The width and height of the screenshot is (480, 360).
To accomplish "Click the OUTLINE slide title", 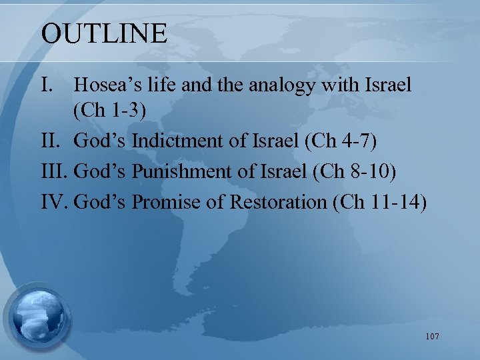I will click(104, 33).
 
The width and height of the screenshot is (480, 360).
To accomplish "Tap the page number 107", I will click(431, 337).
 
